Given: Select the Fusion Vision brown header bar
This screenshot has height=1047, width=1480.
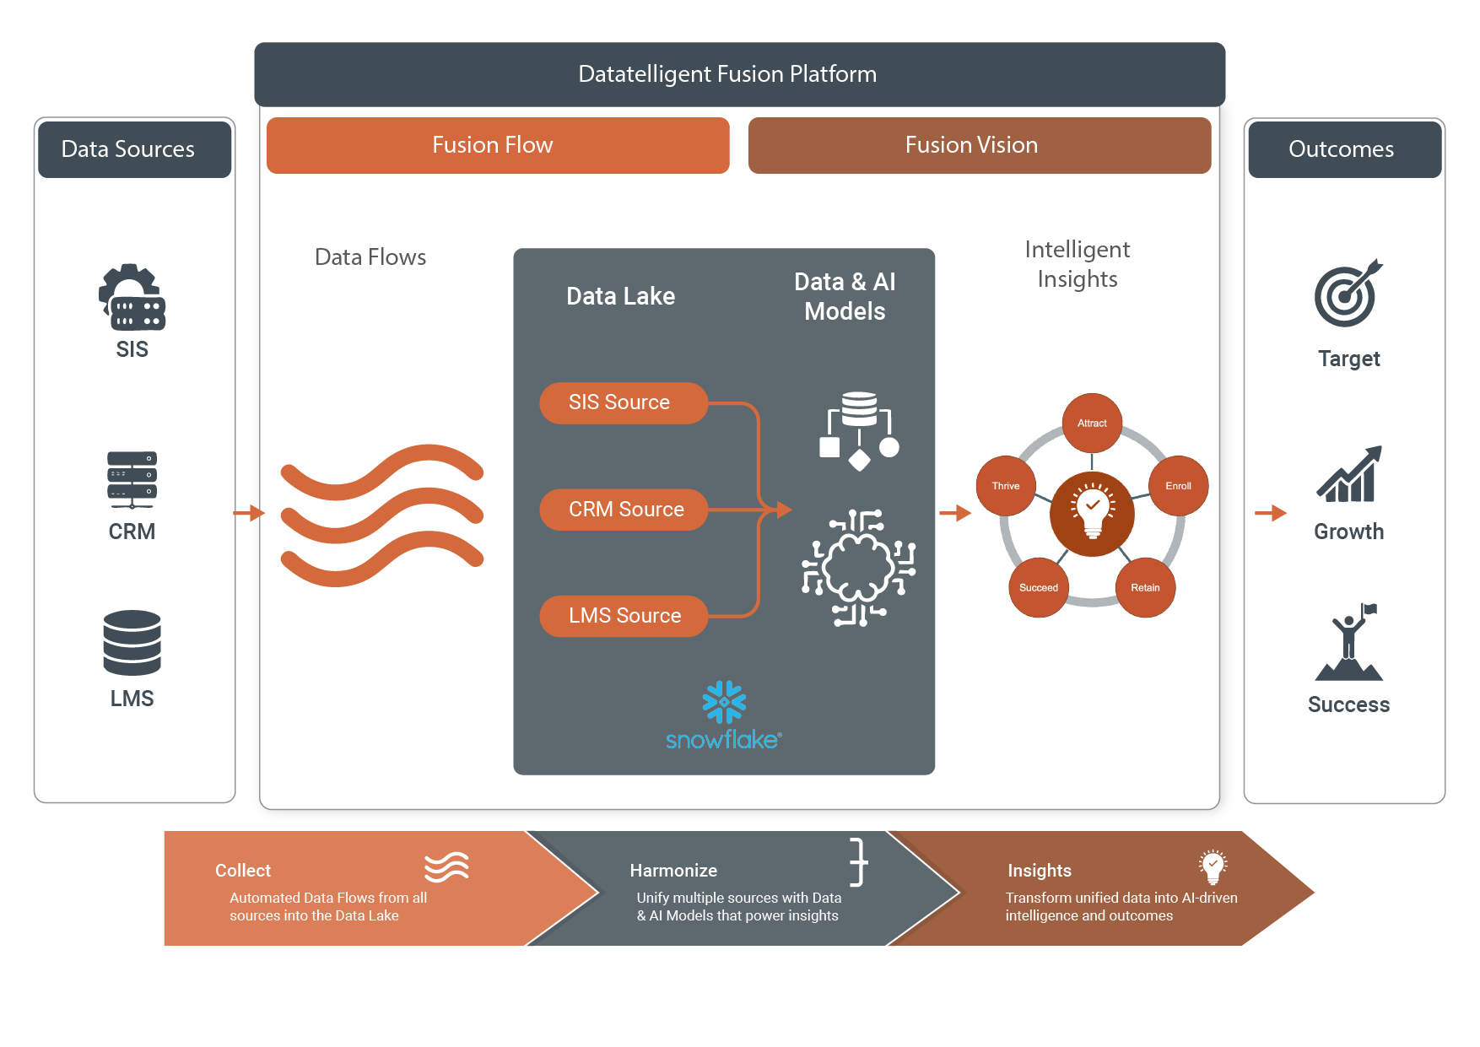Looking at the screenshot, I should click(x=979, y=145).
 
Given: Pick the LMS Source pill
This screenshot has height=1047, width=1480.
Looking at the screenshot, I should click(x=623, y=616).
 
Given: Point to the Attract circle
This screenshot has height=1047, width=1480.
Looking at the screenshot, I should click(x=1092, y=423).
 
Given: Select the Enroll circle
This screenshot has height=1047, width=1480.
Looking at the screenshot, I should click(x=1178, y=486).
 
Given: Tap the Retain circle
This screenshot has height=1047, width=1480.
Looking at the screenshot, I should click(x=1145, y=587).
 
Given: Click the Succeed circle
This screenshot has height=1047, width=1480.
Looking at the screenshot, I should click(x=1038, y=587).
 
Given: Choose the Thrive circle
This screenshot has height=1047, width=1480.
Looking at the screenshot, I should click(x=1006, y=486).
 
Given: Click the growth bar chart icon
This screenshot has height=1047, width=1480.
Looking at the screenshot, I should click(x=1348, y=475).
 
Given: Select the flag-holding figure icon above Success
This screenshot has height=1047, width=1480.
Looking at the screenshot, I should click(x=1349, y=643).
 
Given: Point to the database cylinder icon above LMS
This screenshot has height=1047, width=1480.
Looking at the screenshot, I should click(x=132, y=643).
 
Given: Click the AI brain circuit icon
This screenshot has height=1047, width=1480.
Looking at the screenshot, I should click(x=859, y=568).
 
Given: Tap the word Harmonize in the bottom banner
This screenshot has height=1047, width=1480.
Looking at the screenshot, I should click(x=673, y=871).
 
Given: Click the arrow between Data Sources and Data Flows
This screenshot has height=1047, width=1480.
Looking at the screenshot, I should click(x=248, y=513).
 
